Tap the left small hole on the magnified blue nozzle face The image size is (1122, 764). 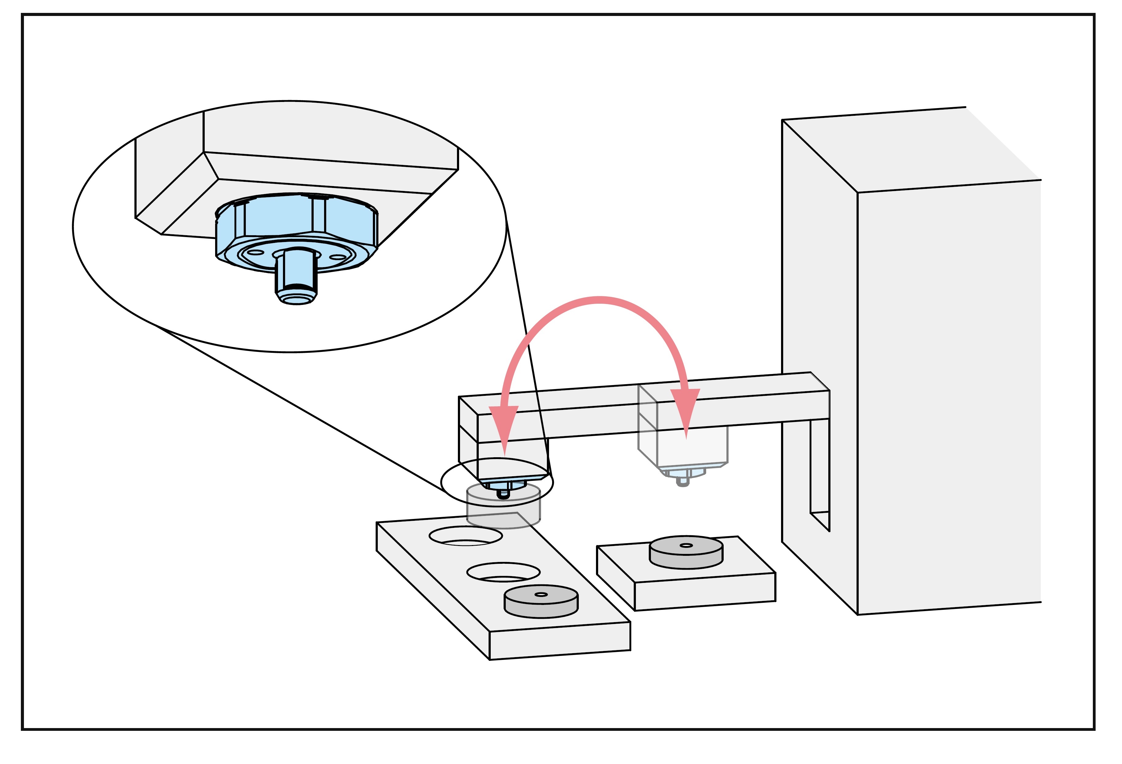(255, 252)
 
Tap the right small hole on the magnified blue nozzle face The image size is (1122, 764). (338, 257)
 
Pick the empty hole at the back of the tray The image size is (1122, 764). (466, 536)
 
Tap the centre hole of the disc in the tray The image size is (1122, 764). (541, 594)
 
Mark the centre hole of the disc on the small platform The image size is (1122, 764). (686, 546)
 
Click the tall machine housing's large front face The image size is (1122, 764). (946, 396)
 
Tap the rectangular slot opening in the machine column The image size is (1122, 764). (819, 469)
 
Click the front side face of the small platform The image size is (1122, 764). (705, 593)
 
